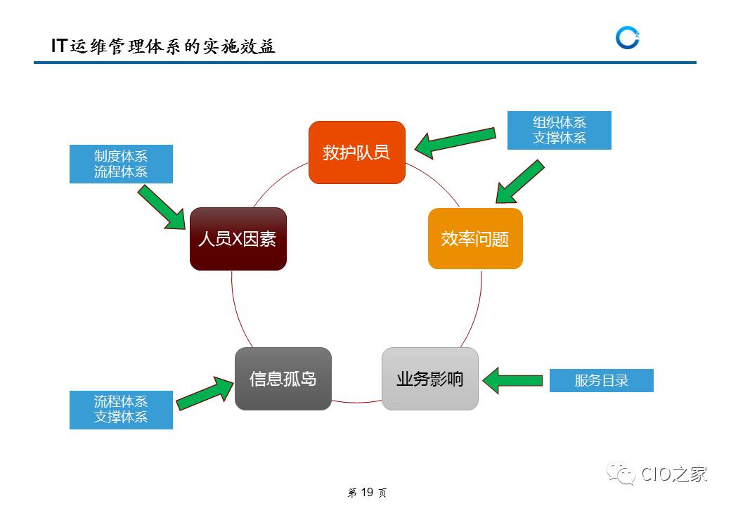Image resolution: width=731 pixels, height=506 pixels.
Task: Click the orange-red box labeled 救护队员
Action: [357, 153]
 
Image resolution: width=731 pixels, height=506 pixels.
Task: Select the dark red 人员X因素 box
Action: [238, 239]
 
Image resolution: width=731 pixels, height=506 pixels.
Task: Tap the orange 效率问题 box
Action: [475, 239]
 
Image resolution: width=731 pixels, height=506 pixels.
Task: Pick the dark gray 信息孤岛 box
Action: [283, 379]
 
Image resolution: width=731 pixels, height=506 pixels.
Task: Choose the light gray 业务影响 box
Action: [429, 379]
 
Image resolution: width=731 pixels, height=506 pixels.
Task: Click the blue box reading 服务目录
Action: [601, 381]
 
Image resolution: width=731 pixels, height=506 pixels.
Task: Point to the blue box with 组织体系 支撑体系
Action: [559, 130]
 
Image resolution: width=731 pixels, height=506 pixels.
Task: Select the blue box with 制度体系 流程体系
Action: [121, 164]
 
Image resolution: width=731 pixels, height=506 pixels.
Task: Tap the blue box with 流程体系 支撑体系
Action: [121, 409]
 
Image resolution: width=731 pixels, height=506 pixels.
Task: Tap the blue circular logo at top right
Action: [627, 38]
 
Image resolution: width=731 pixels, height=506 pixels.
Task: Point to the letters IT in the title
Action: [59, 46]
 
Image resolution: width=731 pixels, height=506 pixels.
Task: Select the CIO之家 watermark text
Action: [673, 474]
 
